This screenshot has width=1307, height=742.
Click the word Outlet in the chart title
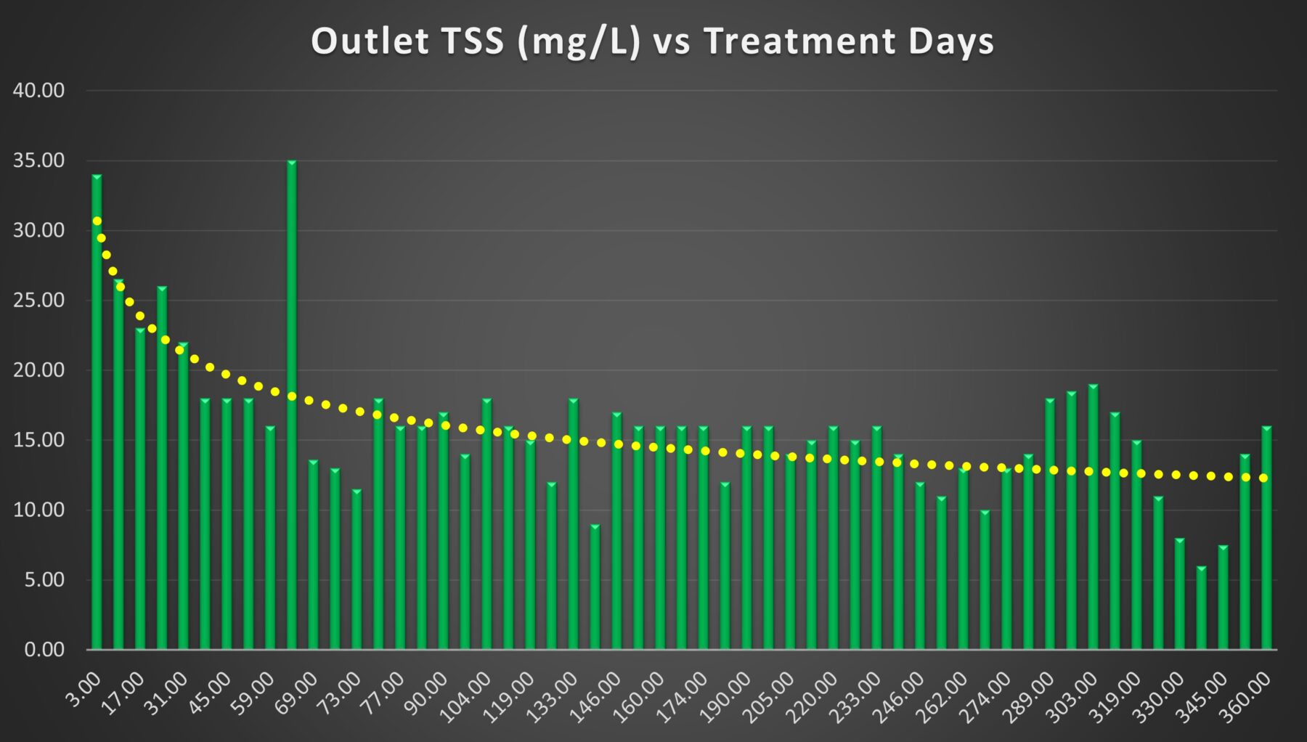point(370,41)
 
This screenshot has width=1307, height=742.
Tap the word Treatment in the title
point(799,41)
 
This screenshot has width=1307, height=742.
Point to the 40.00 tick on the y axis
point(38,91)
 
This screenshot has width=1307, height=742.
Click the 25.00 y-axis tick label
point(38,300)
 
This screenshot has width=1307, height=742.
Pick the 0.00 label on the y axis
point(44,650)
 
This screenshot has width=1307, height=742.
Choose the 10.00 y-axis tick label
point(38,510)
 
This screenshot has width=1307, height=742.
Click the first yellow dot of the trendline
point(97,221)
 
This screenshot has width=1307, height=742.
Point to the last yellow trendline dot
point(1263,478)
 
